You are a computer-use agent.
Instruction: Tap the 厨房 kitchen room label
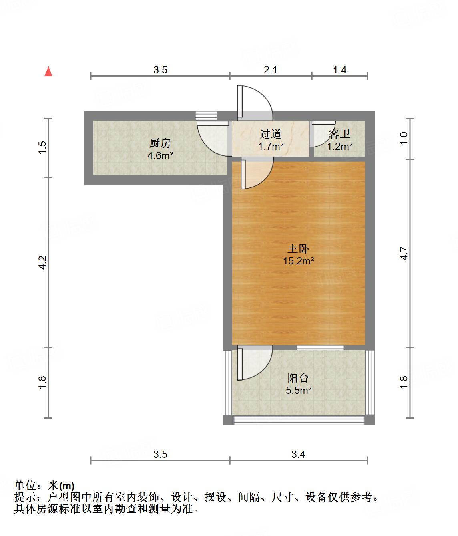point(160,143)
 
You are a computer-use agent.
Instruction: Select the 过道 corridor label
point(270,134)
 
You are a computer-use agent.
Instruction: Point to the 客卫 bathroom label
point(339,134)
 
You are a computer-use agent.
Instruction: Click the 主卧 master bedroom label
point(298,249)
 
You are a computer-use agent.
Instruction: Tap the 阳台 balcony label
point(298,378)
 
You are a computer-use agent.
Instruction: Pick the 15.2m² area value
point(298,261)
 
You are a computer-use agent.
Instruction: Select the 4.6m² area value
point(160,155)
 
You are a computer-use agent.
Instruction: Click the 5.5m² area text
point(298,390)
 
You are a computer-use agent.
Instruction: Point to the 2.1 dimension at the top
point(271,70)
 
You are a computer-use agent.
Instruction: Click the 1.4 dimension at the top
point(339,70)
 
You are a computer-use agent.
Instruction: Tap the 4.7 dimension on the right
point(404,254)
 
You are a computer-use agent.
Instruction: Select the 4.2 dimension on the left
point(43,262)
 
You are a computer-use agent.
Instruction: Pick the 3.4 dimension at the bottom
point(298,454)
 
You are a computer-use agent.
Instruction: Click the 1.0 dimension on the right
point(404,139)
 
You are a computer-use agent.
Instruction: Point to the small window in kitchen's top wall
point(206,115)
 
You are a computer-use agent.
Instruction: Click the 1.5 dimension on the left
point(43,147)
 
